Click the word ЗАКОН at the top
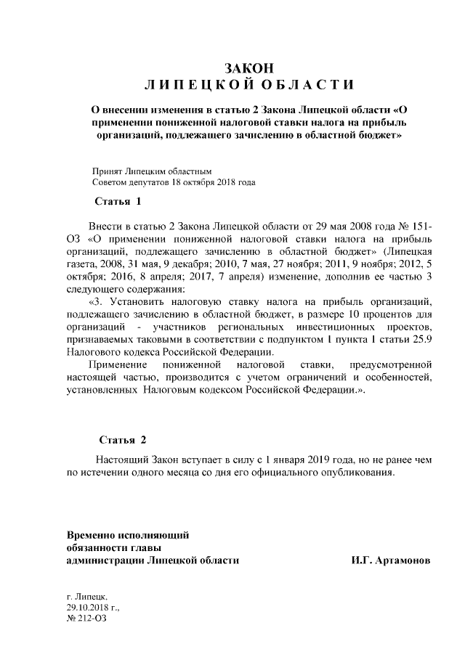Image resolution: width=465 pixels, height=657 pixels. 249,68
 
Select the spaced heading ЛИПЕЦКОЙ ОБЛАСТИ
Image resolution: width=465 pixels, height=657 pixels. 249,86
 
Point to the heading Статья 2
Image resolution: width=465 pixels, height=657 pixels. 123,440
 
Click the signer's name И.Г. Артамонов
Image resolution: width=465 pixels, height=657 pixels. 389,561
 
